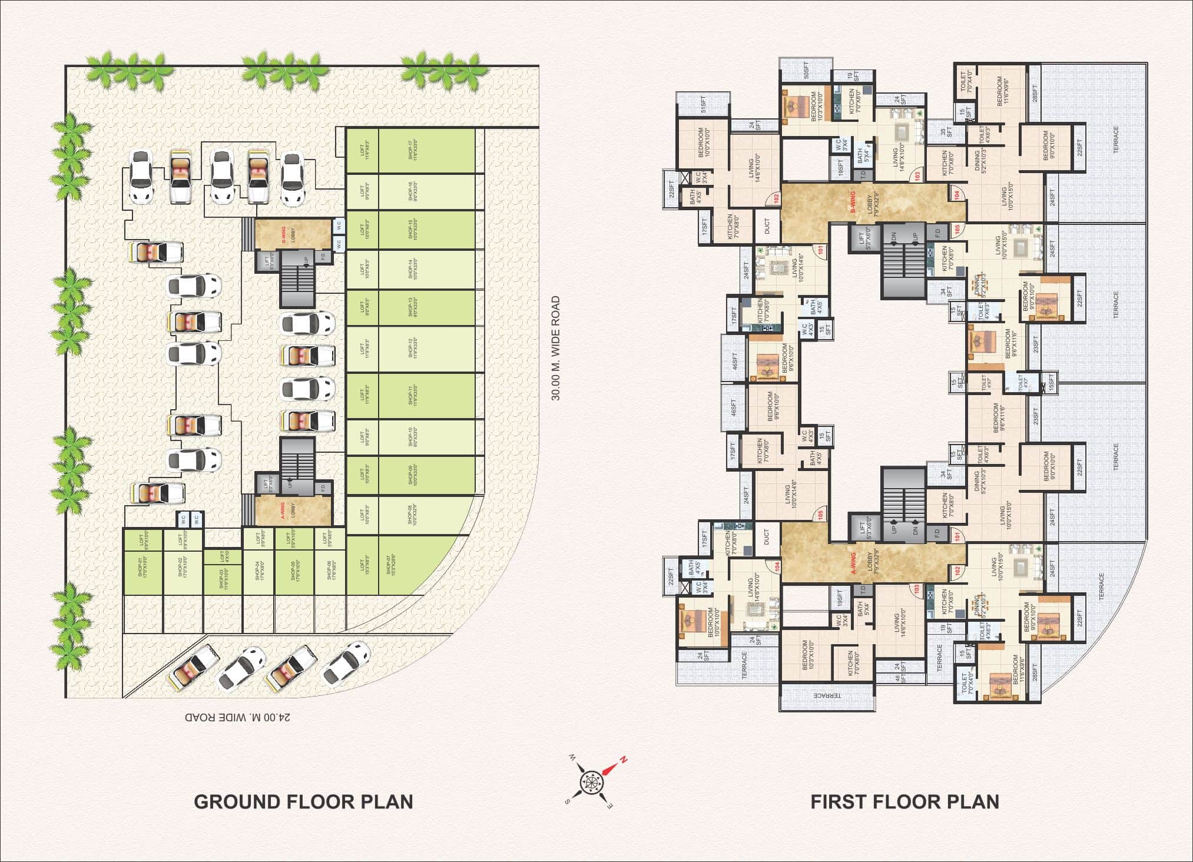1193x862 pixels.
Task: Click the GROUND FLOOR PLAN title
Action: (303, 801)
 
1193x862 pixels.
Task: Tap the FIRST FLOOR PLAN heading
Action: (904, 801)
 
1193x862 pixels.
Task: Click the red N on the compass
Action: (623, 759)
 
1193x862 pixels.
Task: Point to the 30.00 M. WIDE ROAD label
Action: (555, 349)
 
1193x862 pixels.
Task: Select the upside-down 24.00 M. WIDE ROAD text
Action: (238, 717)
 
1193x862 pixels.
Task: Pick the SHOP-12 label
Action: (412, 349)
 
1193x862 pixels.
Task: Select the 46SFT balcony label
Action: (734, 360)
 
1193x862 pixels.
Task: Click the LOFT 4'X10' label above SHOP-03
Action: (223, 556)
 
